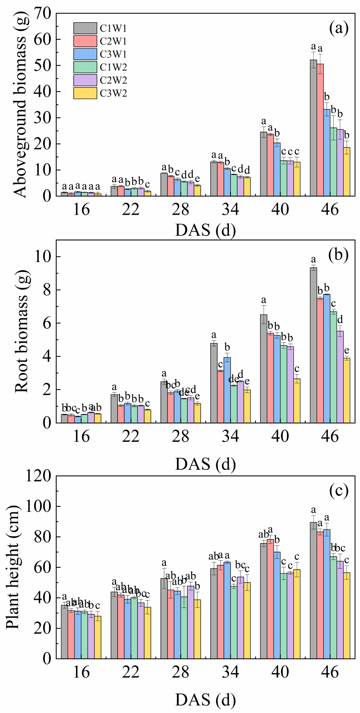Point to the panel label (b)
[338, 255]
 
